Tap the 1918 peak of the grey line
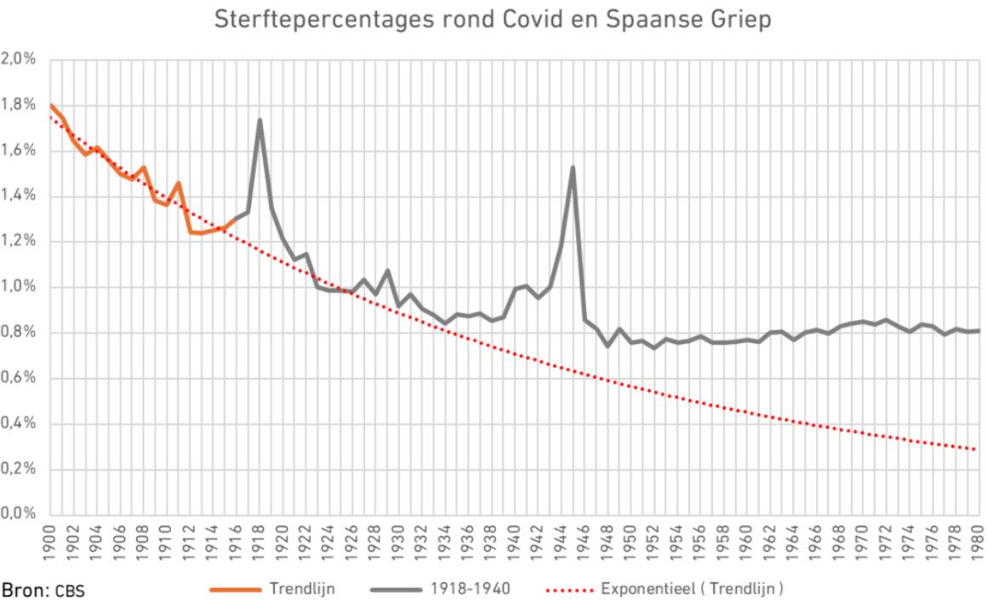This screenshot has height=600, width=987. pyautogui.click(x=260, y=120)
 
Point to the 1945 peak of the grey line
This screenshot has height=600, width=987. pyautogui.click(x=573, y=167)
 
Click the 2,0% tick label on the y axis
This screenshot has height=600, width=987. pyautogui.click(x=19, y=60)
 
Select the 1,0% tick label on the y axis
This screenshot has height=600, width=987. pyautogui.click(x=19, y=287)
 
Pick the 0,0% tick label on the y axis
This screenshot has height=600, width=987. pyautogui.click(x=19, y=514)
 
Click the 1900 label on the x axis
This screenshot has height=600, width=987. pyautogui.click(x=50, y=540)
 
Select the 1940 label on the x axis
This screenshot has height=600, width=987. pyautogui.click(x=514, y=540)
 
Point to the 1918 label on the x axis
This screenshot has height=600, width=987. pyautogui.click(x=260, y=540)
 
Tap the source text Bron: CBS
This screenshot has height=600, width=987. pyautogui.click(x=43, y=589)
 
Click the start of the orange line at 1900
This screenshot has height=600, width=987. pyautogui.click(x=51, y=106)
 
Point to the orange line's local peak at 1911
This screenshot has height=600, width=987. pyautogui.click(x=178, y=183)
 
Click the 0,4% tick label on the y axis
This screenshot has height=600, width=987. pyautogui.click(x=19, y=423)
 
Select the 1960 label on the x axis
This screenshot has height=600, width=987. pyautogui.click(x=745, y=540)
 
